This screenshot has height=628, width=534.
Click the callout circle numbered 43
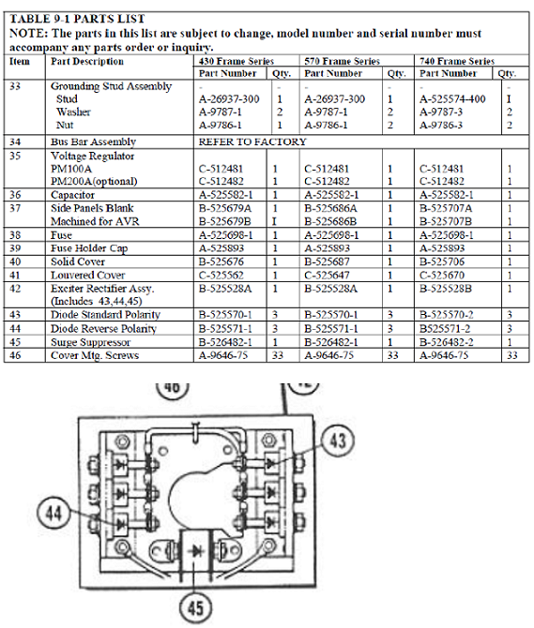click(338, 441)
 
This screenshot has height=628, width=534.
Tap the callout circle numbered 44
click(54, 513)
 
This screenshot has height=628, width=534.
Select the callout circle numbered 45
click(195, 607)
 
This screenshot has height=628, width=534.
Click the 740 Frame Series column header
click(457, 61)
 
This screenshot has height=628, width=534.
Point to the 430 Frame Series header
click(236, 61)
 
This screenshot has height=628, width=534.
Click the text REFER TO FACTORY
click(252, 142)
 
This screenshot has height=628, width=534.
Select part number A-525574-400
click(452, 99)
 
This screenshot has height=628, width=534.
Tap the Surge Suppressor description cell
click(91, 342)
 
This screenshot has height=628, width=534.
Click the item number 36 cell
click(15, 195)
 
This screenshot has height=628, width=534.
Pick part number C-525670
click(442, 276)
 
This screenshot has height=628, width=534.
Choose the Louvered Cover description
click(88, 276)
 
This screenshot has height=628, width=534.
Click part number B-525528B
click(446, 289)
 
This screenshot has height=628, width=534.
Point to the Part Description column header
click(87, 61)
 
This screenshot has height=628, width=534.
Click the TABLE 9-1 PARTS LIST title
click(77, 19)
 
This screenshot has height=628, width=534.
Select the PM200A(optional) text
click(94, 182)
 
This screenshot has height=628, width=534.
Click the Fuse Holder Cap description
click(89, 248)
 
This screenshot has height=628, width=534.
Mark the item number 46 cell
click(15, 355)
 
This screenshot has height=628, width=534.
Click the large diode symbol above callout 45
click(195, 551)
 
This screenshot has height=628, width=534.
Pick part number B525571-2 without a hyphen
click(445, 329)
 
